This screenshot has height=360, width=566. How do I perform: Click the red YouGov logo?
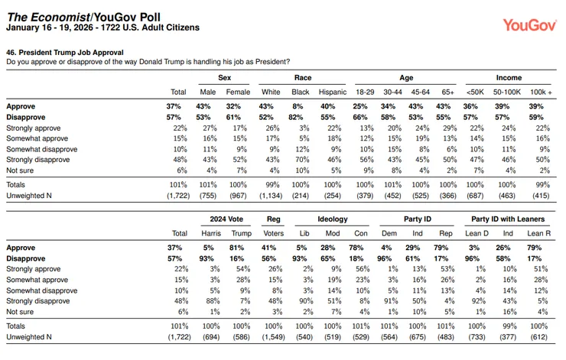click(529, 25)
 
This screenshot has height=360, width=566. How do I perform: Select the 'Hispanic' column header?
click(333, 92)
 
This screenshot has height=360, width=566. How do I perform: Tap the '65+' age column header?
click(447, 92)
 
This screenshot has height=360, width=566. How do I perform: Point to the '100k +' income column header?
click(541, 92)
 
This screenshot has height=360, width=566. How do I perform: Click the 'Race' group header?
click(302, 77)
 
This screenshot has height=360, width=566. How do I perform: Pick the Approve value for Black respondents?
click(298, 106)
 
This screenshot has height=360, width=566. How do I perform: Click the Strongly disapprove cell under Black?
click(302, 160)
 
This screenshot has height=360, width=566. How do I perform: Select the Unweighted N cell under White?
click(271, 196)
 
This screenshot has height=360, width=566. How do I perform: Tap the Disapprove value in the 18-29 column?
click(360, 117)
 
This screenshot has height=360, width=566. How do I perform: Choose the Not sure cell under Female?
click(241, 170)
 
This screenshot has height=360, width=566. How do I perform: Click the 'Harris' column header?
click(211, 233)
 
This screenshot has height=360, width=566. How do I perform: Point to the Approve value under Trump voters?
click(236, 248)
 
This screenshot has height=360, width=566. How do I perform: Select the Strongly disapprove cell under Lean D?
click(478, 301)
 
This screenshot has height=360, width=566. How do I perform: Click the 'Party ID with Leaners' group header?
click(508, 219)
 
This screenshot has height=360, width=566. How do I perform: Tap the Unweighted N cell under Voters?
click(273, 337)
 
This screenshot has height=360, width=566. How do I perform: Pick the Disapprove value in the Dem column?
click(384, 258)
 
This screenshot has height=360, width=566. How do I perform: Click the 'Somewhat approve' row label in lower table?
click(37, 280)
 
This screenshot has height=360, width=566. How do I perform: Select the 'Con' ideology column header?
click(360, 233)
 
